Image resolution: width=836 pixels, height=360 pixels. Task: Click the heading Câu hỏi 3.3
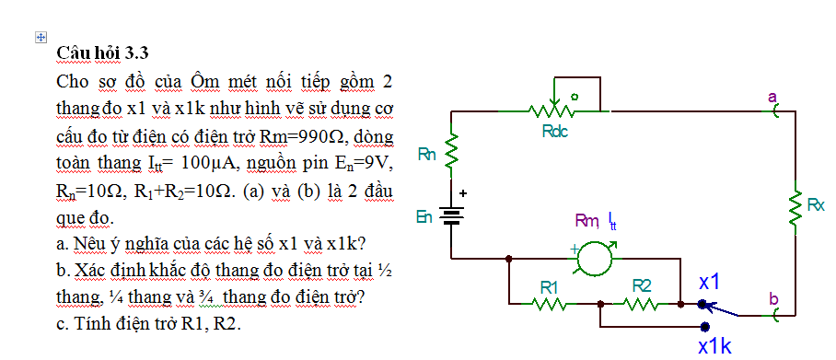point(102,53)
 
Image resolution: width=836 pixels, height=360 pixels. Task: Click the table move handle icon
point(41,38)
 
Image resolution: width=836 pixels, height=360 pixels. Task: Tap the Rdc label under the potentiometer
point(555,131)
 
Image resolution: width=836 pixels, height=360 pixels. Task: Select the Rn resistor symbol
point(451,150)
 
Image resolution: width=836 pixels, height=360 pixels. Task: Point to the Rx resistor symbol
point(795,207)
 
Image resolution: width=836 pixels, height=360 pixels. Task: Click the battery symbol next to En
point(451,216)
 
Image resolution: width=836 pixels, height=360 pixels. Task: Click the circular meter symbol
point(595,258)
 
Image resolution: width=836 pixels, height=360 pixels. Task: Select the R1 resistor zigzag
point(548,304)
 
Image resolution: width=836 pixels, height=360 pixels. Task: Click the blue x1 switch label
point(710,282)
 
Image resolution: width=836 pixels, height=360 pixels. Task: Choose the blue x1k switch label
point(715,347)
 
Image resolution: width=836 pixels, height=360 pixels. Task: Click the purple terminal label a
point(772,97)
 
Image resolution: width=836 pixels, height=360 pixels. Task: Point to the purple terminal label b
point(773,298)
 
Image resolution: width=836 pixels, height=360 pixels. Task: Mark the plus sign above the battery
point(463,194)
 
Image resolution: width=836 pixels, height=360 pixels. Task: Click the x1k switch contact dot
point(705,326)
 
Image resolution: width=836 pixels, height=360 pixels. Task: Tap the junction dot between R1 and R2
point(601,304)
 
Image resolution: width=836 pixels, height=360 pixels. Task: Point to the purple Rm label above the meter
point(587,220)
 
